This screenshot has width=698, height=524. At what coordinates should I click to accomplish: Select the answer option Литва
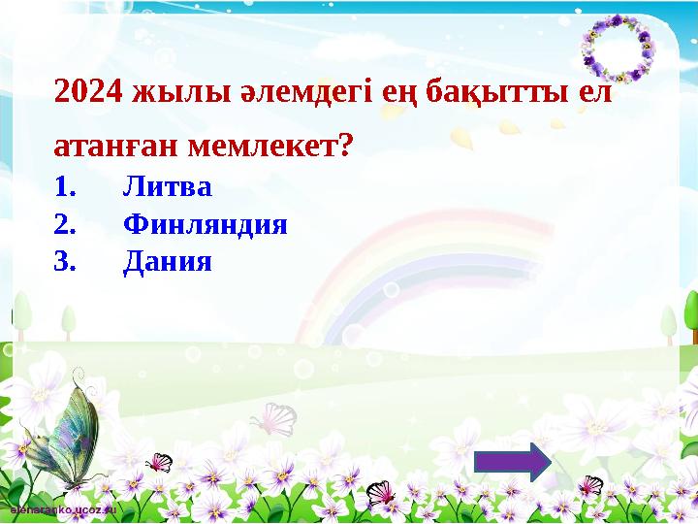(x=167, y=184)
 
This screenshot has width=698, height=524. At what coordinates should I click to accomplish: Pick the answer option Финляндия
(x=206, y=224)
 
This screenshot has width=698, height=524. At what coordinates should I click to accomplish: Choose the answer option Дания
(x=167, y=261)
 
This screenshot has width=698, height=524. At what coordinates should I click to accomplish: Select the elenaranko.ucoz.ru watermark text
(x=63, y=508)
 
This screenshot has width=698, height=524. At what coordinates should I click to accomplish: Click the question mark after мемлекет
(x=346, y=147)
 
